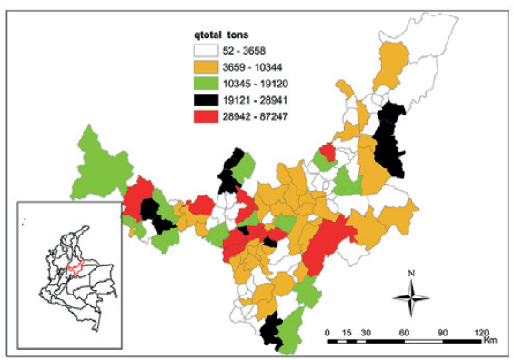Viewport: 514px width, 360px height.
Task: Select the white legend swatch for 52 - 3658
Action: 207,53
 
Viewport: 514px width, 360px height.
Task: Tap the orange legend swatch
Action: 207,68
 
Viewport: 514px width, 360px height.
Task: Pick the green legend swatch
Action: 207,84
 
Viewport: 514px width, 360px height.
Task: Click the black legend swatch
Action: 207,99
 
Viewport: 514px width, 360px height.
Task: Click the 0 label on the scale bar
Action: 328,332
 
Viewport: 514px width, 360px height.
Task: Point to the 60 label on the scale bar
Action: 402,332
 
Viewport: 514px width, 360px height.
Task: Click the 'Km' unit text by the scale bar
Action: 489,342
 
